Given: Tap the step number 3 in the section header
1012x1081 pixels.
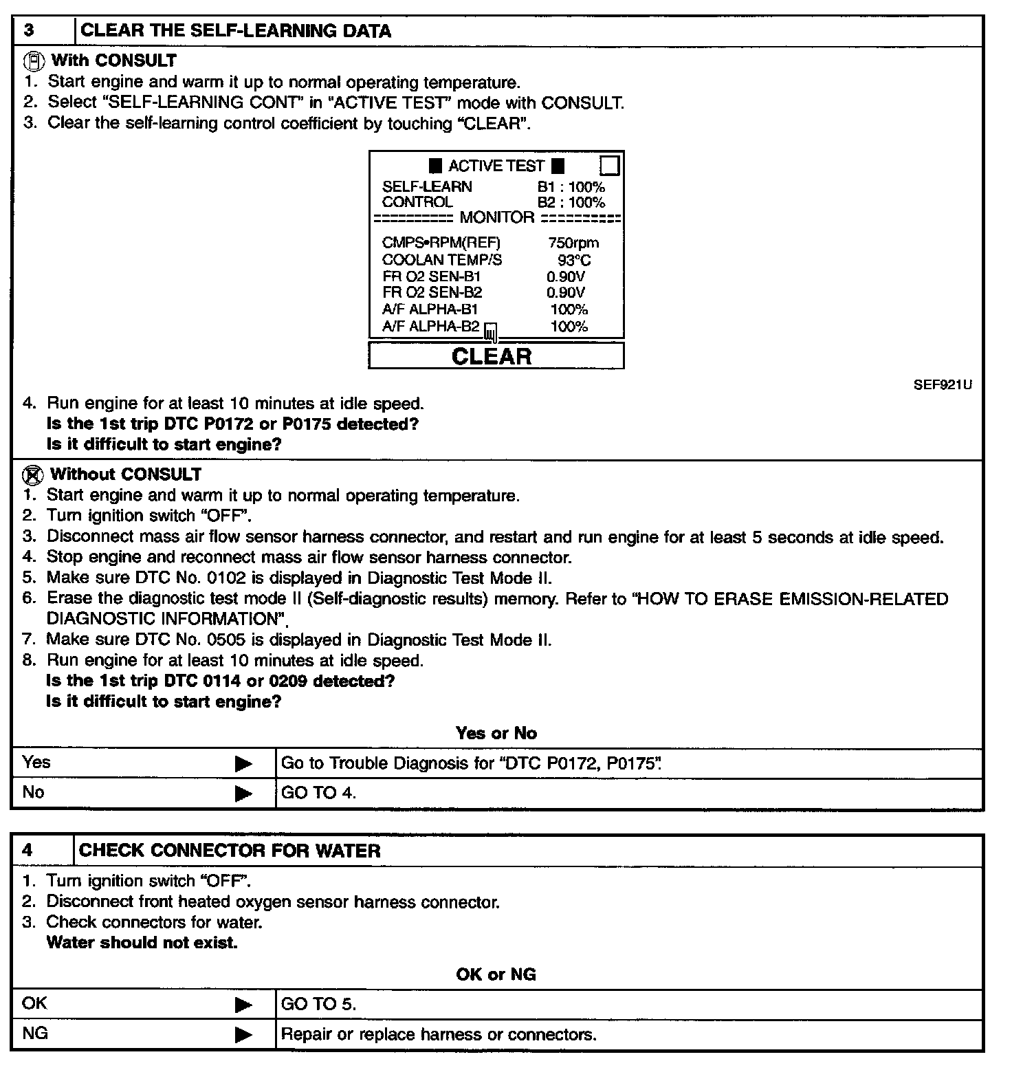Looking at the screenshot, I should (29, 30).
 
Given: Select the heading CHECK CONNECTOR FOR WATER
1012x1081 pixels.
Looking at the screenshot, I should (230, 851).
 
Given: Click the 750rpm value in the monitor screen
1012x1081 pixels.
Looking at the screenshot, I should (573, 243).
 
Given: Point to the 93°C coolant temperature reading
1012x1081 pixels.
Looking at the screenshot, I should (574, 260).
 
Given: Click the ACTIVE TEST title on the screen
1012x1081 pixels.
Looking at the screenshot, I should (496, 166).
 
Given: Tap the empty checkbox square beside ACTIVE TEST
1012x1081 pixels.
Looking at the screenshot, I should (609, 166).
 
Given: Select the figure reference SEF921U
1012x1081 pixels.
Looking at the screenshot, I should (942, 384).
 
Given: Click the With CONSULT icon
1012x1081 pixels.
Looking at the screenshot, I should (34, 61).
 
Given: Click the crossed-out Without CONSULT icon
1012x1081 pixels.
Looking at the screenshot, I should (32, 474).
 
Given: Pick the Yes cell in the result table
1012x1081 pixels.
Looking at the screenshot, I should (36, 763).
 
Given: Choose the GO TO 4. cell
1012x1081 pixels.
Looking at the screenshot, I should (319, 793).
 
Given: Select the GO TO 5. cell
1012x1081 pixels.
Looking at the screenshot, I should (319, 1004).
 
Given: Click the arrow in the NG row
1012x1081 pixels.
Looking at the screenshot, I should (243, 1035).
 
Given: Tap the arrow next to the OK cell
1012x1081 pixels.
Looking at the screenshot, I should (243, 1005).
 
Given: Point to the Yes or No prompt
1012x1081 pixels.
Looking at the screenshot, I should (496, 733).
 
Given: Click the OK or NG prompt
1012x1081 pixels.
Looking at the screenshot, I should (496, 974).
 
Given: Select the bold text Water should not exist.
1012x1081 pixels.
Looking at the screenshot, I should (142, 943).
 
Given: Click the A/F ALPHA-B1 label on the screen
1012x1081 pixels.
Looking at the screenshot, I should (430, 309).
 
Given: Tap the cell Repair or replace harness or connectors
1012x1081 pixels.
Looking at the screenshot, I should (439, 1034).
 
